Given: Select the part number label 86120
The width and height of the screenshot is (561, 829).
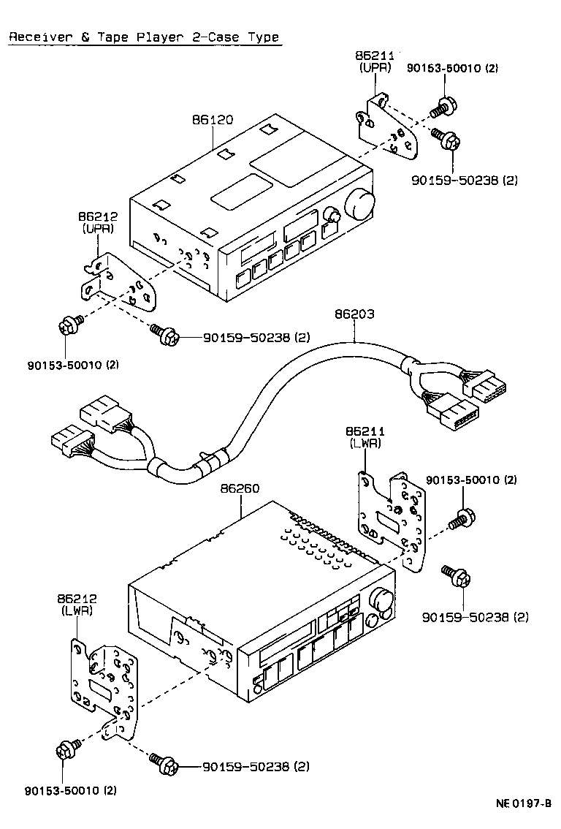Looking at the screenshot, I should click(x=213, y=120).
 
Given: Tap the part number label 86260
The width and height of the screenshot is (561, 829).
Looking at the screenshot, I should click(x=240, y=488).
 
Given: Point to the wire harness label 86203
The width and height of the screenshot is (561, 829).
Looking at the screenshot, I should click(x=354, y=314).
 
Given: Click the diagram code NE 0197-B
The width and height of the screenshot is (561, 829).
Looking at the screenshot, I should click(x=523, y=803).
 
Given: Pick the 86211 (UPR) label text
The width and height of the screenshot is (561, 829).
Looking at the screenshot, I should click(x=375, y=61).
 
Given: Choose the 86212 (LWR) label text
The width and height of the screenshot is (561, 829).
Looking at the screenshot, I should click(x=77, y=605).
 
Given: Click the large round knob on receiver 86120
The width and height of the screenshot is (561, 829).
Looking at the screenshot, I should click(x=360, y=202).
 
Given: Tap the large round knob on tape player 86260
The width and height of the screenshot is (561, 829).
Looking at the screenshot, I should click(x=383, y=601).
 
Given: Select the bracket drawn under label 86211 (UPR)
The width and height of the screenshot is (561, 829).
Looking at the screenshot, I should click(x=387, y=128).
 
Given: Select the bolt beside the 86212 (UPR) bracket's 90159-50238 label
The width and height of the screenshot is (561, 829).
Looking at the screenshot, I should click(x=164, y=336).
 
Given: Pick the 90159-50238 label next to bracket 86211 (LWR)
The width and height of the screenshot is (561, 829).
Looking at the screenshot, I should click(x=475, y=618).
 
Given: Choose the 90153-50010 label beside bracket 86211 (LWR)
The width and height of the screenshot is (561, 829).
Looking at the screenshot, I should click(x=471, y=480).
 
